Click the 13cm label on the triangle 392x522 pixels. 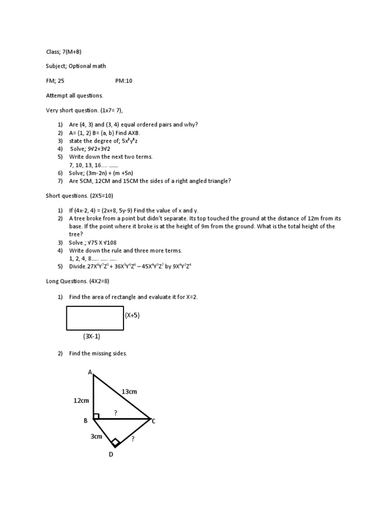pos(129,391)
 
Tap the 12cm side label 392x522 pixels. pos(82,401)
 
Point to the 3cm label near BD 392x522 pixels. pos(96,436)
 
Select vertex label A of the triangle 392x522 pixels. pos(90,373)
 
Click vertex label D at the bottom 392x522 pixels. pos(110,454)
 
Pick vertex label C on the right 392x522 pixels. pos(153,421)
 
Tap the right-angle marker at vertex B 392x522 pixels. pos(96,416)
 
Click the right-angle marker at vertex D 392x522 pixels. pos(115,442)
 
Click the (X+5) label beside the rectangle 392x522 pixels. pos(132,316)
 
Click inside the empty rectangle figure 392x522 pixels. pos(95,318)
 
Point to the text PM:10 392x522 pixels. pos(124,81)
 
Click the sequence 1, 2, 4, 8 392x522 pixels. pos(89,258)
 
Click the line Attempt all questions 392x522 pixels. pos(74,95)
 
